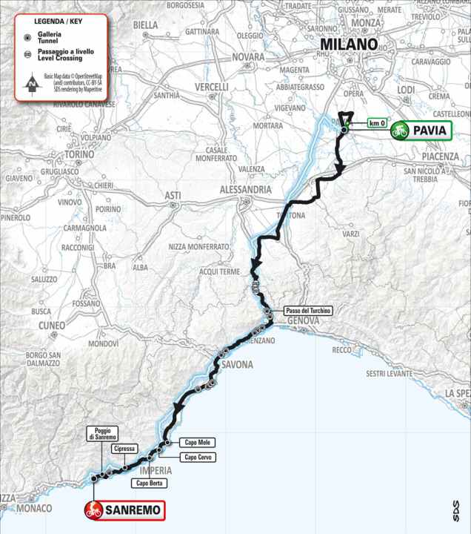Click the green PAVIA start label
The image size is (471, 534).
(420, 131)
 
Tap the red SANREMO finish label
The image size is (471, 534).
(123, 510)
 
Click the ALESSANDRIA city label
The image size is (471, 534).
(245, 190)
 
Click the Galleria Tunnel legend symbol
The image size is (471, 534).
(27, 37)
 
